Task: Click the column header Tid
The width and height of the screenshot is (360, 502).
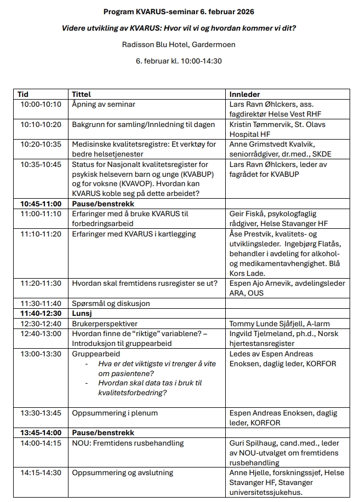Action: coord(23,94)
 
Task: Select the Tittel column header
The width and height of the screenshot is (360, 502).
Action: coord(82,94)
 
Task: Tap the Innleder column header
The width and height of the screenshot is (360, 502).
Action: coord(244,94)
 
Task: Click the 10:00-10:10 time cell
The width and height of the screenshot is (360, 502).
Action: coord(41,104)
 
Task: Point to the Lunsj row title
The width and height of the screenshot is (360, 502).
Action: coord(82,313)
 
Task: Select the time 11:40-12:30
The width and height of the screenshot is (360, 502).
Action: coord(41,313)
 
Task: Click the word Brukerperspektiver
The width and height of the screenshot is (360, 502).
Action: coord(105,324)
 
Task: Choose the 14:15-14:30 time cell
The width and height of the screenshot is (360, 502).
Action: coord(41,472)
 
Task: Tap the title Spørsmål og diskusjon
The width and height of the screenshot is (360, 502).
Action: coord(111,303)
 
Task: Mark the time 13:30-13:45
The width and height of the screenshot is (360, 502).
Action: coord(41,413)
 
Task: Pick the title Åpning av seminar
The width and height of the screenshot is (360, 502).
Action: coord(104,104)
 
